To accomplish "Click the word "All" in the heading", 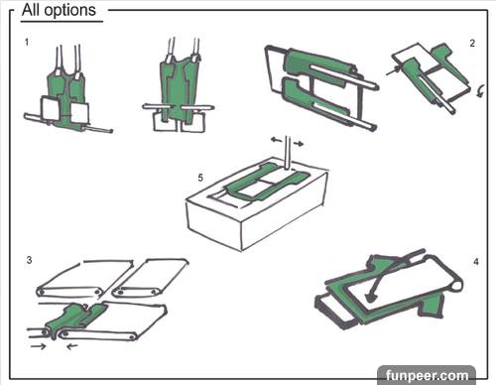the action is pyautogui.click(x=31, y=10).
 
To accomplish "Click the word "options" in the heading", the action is pyautogui.click(x=70, y=11).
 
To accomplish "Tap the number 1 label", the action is pyautogui.click(x=27, y=42).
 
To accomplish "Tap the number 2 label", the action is pyautogui.click(x=472, y=44).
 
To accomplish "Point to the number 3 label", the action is pyautogui.click(x=29, y=260).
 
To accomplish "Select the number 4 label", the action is pyautogui.click(x=476, y=262).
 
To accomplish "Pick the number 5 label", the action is pyautogui.click(x=200, y=178).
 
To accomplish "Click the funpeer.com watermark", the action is pyautogui.click(x=427, y=376).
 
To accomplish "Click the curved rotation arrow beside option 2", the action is pyautogui.click(x=481, y=90).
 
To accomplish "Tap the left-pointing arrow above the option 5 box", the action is pyautogui.click(x=276, y=140).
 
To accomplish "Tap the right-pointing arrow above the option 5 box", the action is pyautogui.click(x=299, y=144).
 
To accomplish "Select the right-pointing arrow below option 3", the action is pyautogui.click(x=38, y=346).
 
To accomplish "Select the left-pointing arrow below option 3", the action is pyautogui.click(x=72, y=346).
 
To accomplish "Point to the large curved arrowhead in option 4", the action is pyautogui.click(x=371, y=297).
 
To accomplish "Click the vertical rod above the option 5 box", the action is pyautogui.click(x=288, y=152).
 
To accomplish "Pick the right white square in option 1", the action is pyautogui.click(x=79, y=113).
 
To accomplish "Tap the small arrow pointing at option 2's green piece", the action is pyautogui.click(x=393, y=71).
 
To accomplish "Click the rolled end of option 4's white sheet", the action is pyautogui.click(x=455, y=286).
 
